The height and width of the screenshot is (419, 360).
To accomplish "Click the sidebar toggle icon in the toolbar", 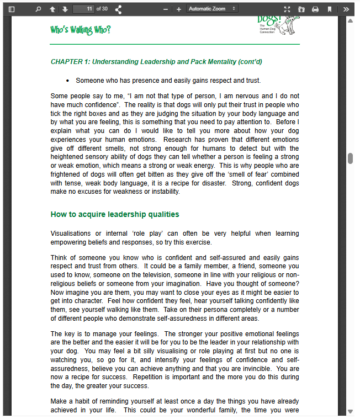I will click(12, 9).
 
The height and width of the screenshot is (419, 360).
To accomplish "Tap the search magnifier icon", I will click(38, 9).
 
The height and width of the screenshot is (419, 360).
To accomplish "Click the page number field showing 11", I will click(83, 9).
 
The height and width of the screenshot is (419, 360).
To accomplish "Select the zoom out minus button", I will click(166, 9).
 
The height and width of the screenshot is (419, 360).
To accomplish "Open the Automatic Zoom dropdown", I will click(213, 9).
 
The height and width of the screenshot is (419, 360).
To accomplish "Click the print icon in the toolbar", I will click(315, 9).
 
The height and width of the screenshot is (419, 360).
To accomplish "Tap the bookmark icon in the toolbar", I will click(330, 9).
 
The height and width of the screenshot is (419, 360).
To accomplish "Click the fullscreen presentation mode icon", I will click(287, 9).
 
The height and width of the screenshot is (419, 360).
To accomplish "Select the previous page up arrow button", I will click(52, 9).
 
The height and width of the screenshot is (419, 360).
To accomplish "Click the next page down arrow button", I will click(65, 9).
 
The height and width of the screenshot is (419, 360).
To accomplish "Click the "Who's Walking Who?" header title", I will click(80, 30).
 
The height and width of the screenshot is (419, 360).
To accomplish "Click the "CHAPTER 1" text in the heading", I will click(69, 62).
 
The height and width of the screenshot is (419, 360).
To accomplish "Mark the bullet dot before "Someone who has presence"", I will click(67, 81).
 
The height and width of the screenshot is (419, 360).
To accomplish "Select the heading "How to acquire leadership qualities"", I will click(115, 214).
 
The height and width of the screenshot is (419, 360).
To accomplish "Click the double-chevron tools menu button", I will click(346, 9).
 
